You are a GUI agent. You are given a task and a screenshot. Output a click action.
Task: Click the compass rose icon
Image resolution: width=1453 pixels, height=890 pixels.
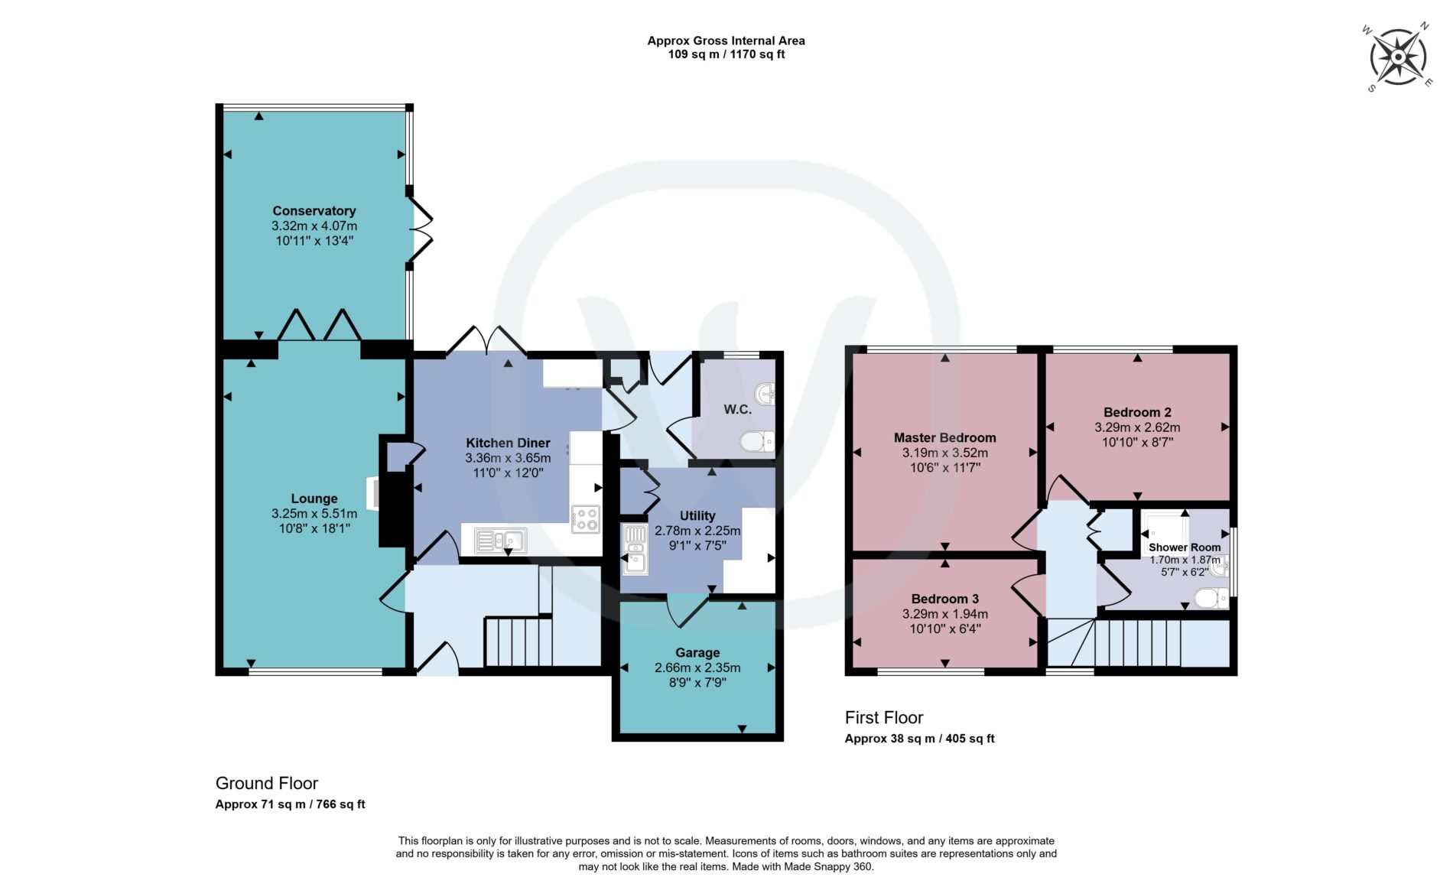point(1398,57)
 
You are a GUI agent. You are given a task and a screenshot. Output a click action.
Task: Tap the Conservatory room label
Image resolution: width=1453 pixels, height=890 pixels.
point(314,211)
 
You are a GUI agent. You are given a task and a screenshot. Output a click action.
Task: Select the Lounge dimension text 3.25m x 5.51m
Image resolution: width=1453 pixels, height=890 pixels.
point(314,514)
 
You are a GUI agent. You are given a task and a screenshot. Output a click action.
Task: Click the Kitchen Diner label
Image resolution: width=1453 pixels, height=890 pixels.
point(508,443)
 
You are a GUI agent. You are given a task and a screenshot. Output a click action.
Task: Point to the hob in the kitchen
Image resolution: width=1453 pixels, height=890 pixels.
point(585,519)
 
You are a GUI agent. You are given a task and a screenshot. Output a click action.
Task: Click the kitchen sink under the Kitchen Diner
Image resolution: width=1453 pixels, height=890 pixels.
point(500,541)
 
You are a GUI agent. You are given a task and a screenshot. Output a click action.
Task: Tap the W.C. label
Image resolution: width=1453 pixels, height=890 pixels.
point(737,410)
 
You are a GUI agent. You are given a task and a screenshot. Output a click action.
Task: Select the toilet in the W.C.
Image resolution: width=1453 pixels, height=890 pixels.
point(758,441)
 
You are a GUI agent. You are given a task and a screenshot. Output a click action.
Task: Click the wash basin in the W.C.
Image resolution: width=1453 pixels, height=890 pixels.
point(765,395)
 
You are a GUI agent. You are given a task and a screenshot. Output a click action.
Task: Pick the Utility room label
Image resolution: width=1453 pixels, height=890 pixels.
point(697,516)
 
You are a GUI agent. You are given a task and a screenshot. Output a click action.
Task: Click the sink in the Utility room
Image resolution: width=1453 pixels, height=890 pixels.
point(635,549)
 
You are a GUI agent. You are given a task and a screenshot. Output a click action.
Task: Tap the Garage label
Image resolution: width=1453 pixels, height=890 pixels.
point(697,653)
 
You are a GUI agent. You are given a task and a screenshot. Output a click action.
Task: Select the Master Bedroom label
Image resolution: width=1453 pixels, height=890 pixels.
point(945,438)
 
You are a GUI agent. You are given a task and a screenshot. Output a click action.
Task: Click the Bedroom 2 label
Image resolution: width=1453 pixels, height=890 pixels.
point(1137,413)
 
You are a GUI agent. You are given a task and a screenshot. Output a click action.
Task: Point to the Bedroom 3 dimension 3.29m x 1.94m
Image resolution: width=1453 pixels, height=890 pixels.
point(945,614)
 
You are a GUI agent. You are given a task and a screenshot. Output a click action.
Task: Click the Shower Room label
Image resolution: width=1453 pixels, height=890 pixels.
point(1185,547)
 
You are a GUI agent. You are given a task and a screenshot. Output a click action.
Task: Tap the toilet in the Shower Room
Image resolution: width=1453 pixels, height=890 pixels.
point(1211,598)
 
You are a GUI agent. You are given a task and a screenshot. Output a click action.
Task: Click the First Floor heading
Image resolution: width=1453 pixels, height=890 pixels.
point(884,718)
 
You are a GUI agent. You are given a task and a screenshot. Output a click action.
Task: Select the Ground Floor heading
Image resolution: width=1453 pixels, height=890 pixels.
point(267,784)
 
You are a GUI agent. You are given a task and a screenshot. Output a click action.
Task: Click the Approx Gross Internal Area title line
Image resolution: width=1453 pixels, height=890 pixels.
point(726,41)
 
